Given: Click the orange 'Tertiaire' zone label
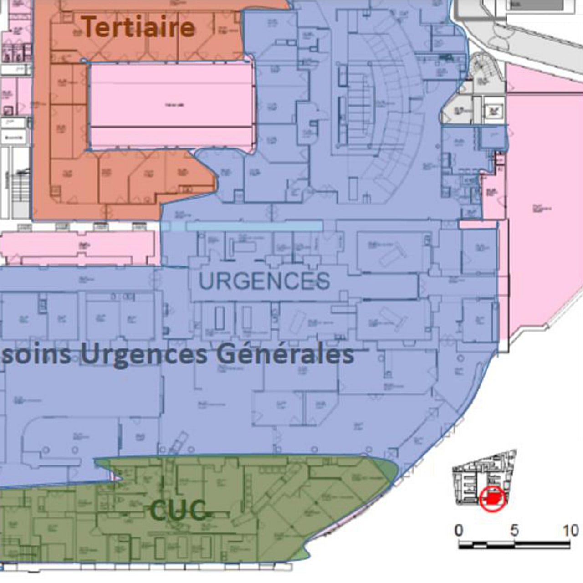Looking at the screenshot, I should (138, 27).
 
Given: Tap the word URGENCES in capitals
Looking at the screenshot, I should (264, 281).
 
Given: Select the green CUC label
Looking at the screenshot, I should (178, 510).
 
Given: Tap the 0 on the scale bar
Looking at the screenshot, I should (459, 531).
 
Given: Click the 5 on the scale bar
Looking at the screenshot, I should (514, 531).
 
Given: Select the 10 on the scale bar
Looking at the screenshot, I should (570, 531).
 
